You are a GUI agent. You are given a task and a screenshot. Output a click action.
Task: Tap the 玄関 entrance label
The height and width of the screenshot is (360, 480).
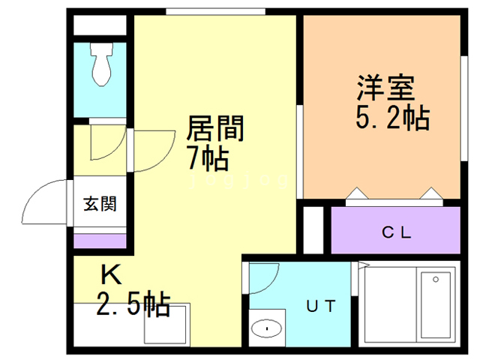tap(99, 202)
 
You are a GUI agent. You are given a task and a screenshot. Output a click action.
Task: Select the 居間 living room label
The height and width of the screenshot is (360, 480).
tap(214, 130)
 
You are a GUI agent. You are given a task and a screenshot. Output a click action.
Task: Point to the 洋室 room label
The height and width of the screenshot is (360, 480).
tap(386, 88)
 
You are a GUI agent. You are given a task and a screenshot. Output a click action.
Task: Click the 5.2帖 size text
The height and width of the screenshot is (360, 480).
tap(391, 117)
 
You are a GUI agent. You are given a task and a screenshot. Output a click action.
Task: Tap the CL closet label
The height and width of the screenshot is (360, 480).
tap(396, 232)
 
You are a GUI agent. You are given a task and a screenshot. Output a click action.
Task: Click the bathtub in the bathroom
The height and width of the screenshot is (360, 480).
tap(436, 307)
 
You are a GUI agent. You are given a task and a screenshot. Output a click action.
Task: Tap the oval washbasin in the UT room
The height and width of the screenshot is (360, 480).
tap(264, 328)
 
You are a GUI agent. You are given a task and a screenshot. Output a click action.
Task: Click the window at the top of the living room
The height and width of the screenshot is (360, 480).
tap(215, 11)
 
